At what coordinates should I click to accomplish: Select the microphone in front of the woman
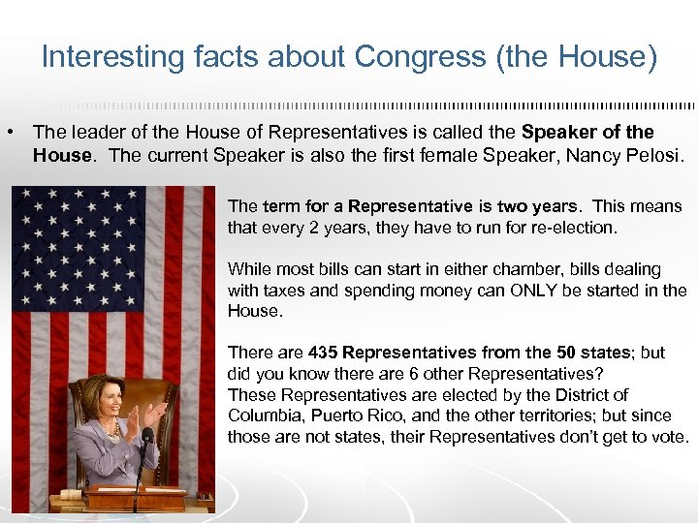(147, 437)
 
